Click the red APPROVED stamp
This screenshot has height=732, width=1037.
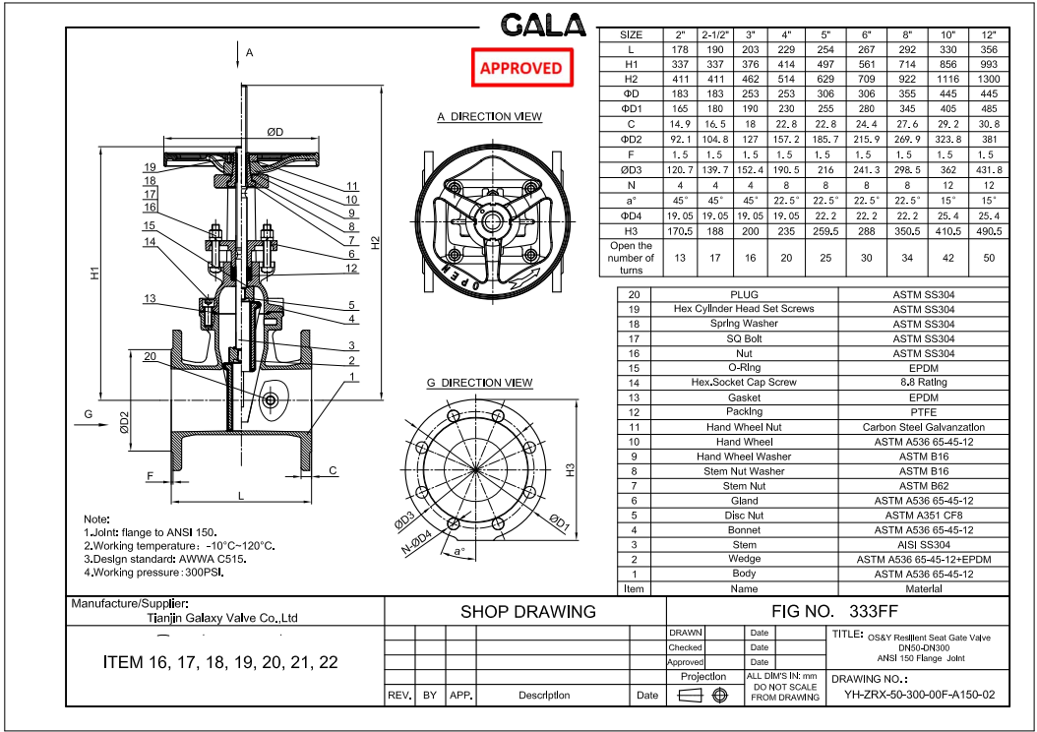point(520,68)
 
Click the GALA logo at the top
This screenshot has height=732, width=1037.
point(541,26)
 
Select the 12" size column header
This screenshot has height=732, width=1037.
point(989,34)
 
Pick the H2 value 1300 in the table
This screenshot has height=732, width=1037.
point(989,79)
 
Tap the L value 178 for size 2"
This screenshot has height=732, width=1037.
point(678,49)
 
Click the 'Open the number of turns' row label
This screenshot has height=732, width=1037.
point(631,258)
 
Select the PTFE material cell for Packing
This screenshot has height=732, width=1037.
point(923,412)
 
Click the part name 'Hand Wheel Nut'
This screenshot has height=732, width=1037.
point(744,427)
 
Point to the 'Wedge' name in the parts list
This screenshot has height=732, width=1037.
point(744,559)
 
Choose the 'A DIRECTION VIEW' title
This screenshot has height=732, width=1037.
point(489,117)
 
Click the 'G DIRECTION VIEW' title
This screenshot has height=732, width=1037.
point(479,383)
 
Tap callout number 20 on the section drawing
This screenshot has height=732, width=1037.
point(150,356)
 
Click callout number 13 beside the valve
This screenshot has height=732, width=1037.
point(150,299)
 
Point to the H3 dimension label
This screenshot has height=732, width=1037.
point(572,470)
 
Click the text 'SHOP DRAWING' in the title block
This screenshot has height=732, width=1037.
point(527,611)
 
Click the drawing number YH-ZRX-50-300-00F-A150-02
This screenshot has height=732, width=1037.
point(920,694)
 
